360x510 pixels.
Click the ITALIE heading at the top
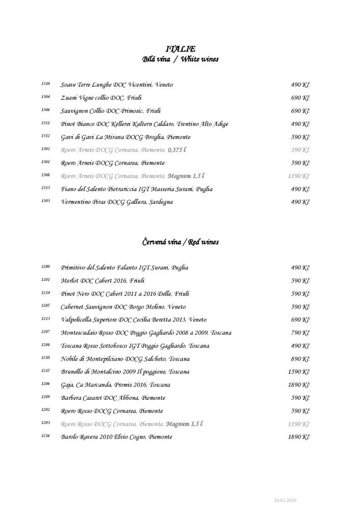pyautogui.click(x=181, y=48)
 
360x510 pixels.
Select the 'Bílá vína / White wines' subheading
pyautogui.click(x=181, y=59)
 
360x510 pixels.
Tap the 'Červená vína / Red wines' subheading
pyautogui.click(x=181, y=242)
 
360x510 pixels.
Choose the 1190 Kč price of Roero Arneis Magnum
pyautogui.click(x=298, y=176)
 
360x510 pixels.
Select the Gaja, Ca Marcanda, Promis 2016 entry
pyautogui.click(x=115, y=385)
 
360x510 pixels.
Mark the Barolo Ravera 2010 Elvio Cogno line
pyautogui.click(x=120, y=437)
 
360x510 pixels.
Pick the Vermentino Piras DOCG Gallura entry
pyautogui.click(x=116, y=202)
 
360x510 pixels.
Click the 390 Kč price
pyautogui.click(x=300, y=150)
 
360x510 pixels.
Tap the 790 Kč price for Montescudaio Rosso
pyautogui.click(x=300, y=333)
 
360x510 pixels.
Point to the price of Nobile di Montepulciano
pyautogui.click(x=300, y=359)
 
